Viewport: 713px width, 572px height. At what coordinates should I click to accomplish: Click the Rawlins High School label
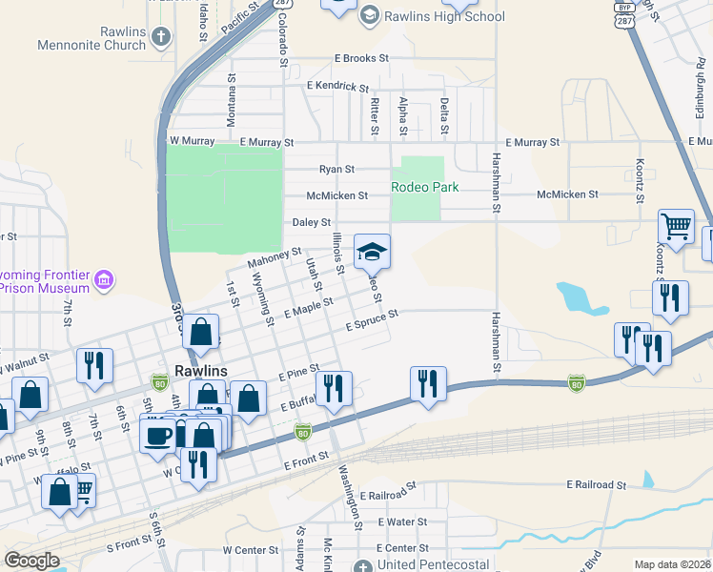click(x=444, y=16)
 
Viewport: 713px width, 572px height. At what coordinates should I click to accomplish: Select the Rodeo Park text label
click(x=425, y=187)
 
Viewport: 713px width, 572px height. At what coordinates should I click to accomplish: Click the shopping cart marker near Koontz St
click(x=676, y=228)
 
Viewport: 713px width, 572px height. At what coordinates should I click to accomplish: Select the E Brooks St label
click(x=361, y=58)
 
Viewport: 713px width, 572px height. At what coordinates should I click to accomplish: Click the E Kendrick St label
click(x=337, y=86)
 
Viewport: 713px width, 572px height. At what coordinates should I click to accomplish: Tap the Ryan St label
click(x=336, y=169)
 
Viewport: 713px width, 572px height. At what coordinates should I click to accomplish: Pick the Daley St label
click(x=311, y=222)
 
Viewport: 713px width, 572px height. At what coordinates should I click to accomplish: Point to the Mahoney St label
click(x=275, y=257)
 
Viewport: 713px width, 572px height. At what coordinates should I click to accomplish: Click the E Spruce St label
click(x=371, y=324)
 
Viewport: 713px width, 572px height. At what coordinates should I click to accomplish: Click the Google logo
click(x=31, y=561)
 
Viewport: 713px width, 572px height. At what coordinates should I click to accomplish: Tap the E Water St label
click(x=401, y=521)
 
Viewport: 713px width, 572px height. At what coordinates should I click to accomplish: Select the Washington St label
click(x=351, y=497)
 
